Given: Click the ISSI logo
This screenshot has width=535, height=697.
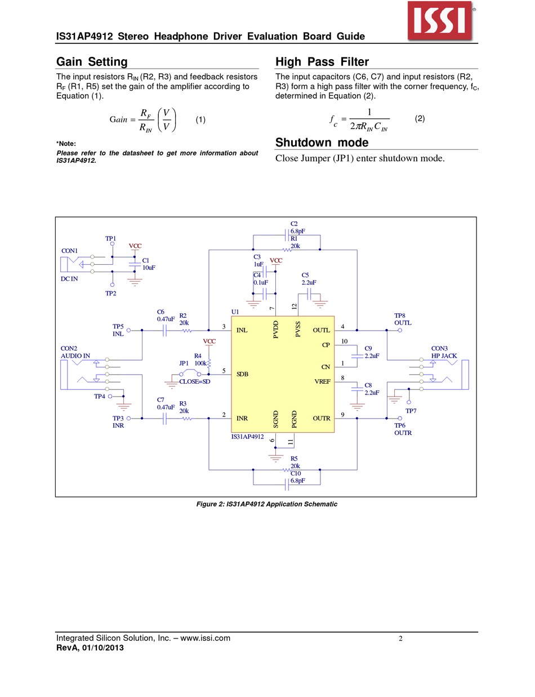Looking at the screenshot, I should (x=441, y=21).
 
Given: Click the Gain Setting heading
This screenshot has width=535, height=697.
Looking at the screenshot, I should (x=92, y=62).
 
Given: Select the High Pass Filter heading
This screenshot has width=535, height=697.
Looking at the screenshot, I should (x=322, y=62).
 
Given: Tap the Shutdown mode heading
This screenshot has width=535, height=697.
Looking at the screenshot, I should (x=322, y=143).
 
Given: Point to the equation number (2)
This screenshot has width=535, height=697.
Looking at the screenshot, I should (x=420, y=119).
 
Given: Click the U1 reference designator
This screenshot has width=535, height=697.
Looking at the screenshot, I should (x=235, y=312).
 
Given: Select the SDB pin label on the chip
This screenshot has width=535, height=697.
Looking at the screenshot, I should (x=243, y=374).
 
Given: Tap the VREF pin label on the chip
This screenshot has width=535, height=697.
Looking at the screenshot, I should (x=322, y=382).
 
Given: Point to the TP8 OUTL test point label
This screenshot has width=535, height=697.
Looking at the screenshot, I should (x=403, y=319).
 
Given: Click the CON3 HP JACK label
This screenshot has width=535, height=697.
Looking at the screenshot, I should (x=444, y=352).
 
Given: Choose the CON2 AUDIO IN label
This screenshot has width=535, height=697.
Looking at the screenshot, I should (x=75, y=352).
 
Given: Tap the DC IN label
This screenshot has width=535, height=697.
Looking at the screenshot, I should (x=69, y=279).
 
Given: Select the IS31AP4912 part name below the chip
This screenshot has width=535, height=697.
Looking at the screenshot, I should (x=247, y=437).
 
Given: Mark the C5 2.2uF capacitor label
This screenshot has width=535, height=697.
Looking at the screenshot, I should (x=309, y=279).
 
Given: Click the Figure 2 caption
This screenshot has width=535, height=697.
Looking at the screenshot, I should (x=266, y=504).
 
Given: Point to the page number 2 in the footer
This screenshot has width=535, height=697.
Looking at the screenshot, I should (x=400, y=639).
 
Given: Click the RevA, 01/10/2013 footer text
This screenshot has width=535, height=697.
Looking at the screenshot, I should (x=90, y=648).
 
